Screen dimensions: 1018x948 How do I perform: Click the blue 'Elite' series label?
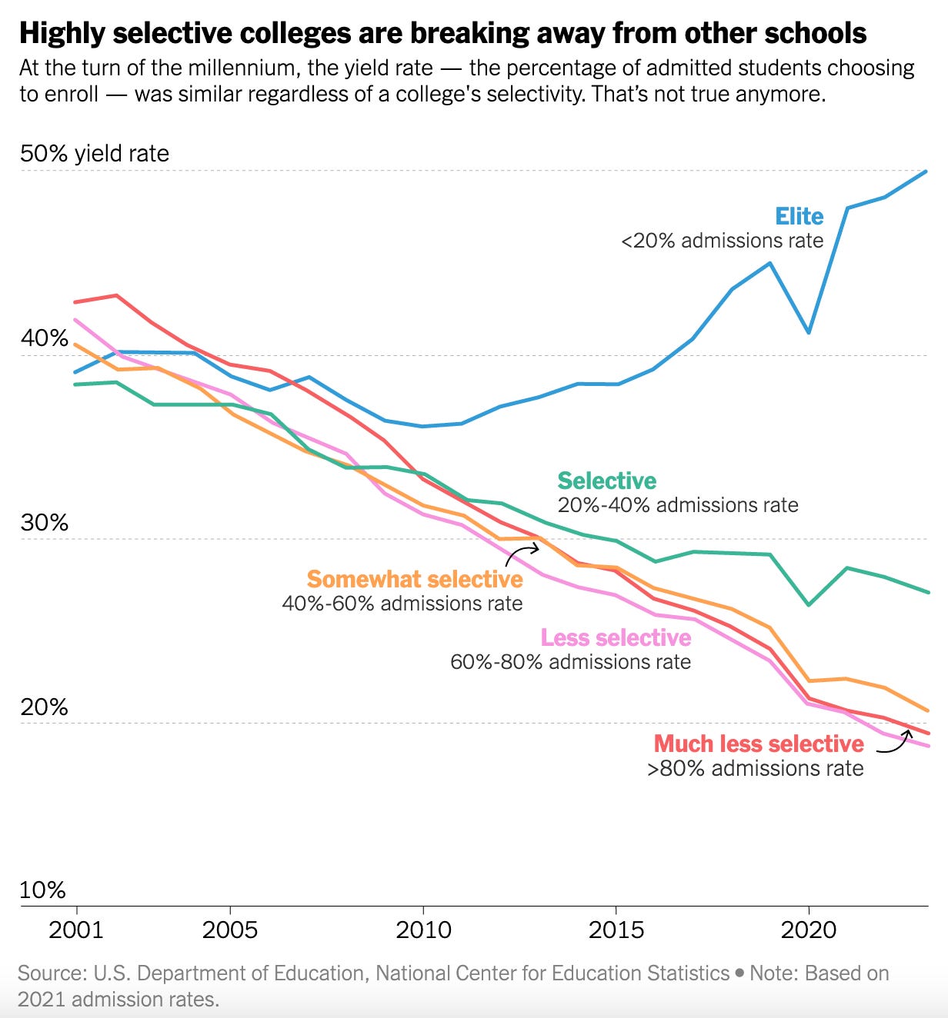(x=799, y=216)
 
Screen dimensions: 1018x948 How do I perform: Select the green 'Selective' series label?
(x=606, y=481)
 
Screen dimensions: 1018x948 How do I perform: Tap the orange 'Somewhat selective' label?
(x=415, y=579)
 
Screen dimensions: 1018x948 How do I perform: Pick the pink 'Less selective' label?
(x=616, y=637)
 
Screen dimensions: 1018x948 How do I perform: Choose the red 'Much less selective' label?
(x=759, y=744)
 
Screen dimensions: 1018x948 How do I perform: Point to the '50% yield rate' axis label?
(x=94, y=153)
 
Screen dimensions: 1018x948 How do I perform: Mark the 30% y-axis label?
(x=44, y=523)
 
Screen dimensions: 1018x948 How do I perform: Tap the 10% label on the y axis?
(x=42, y=890)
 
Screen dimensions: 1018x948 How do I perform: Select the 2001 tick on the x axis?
(x=75, y=930)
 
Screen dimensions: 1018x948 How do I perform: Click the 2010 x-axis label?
(x=423, y=930)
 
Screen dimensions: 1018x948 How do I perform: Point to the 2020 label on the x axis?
(x=809, y=930)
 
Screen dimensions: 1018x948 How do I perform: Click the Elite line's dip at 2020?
(x=809, y=332)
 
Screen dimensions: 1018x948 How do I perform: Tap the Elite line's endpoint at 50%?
(x=926, y=171)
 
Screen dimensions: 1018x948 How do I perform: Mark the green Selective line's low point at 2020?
(x=809, y=604)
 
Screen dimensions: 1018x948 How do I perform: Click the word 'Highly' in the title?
(x=61, y=33)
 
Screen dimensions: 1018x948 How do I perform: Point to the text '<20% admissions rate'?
(x=722, y=241)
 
